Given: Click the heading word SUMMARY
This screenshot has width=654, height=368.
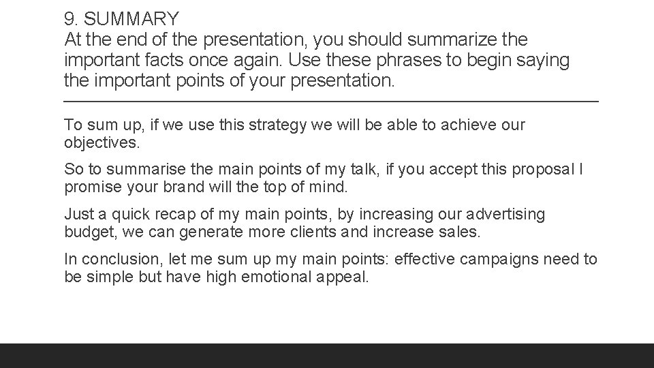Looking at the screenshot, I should point(131,18).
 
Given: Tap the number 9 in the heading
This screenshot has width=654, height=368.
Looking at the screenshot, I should point(69,18).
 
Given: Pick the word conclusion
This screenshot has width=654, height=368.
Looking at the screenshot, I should point(116,260).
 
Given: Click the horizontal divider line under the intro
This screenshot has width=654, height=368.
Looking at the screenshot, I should point(330,102).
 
